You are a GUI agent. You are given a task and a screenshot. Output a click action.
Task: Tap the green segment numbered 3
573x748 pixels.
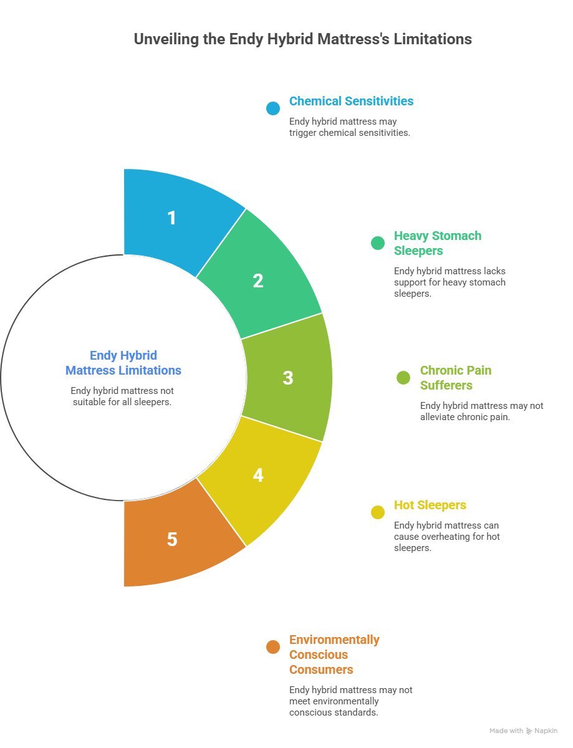click(x=288, y=377)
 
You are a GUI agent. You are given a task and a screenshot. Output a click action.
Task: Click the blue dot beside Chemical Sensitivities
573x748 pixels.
click(x=272, y=108)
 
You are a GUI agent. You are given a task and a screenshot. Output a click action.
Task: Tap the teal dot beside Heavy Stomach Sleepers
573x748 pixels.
click(x=377, y=243)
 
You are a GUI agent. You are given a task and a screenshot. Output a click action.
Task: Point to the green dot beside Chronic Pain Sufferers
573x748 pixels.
click(x=403, y=378)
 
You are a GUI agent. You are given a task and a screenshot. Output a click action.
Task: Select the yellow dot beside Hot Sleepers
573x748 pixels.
click(x=377, y=512)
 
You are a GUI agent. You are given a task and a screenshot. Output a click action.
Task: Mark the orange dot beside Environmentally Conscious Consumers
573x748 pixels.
click(x=272, y=647)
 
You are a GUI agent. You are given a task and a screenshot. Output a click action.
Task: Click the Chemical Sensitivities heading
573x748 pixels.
click(x=351, y=101)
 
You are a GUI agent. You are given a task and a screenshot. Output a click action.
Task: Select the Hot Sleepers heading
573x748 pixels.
click(x=430, y=505)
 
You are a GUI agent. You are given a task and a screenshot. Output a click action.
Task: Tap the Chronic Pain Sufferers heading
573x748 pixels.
click(x=455, y=378)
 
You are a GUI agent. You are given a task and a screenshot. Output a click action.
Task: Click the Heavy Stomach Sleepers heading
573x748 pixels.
click(x=437, y=243)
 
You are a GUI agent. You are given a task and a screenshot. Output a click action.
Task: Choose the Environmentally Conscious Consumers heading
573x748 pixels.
click(x=334, y=654)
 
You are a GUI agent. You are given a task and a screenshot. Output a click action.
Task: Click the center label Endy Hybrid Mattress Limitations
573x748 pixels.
click(x=123, y=363)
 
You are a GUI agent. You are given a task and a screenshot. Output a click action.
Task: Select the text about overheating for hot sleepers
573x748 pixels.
click(x=446, y=537)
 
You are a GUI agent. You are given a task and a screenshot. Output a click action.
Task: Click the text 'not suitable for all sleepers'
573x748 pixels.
click(x=122, y=396)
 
